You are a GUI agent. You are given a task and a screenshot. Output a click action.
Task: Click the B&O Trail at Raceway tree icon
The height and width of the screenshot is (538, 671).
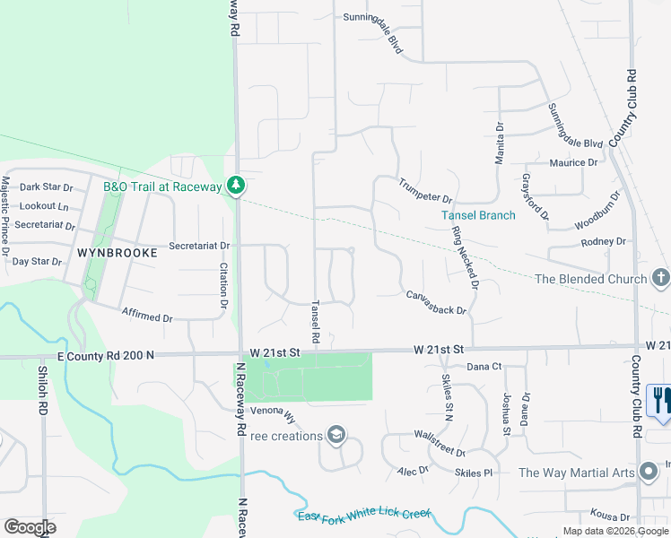[236, 186]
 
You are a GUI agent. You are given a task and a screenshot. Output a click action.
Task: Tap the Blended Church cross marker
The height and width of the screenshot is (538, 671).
[661, 278]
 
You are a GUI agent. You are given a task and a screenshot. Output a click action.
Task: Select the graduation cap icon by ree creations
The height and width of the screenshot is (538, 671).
[335, 436]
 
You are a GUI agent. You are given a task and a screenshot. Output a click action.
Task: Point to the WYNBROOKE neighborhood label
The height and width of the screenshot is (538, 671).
[117, 253]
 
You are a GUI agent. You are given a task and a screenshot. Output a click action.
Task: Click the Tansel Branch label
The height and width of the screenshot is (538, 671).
[478, 215]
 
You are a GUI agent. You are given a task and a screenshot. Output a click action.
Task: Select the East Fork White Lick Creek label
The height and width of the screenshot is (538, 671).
[363, 515]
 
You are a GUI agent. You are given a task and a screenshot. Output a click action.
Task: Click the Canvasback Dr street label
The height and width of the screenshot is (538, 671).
[436, 302]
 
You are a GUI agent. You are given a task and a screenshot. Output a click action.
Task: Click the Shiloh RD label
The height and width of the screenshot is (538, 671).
[41, 389]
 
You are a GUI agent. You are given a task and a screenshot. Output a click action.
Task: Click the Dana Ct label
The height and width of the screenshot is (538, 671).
[484, 366]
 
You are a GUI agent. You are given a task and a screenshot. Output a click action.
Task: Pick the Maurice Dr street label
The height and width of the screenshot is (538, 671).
[573, 163]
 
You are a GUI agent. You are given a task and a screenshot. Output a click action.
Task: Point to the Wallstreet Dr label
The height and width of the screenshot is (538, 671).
[439, 442]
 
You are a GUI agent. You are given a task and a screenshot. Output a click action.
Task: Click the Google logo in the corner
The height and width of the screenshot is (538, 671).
[30, 527]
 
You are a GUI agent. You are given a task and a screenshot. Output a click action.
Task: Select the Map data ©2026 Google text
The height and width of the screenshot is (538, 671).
[616, 531]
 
